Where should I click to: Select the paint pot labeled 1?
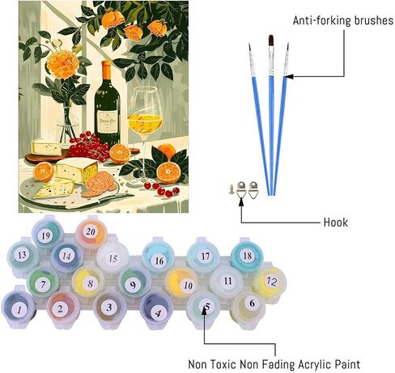(19, 308)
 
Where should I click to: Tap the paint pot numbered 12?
(270, 282)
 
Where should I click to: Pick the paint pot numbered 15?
(113, 258)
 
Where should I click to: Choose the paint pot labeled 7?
(43, 283)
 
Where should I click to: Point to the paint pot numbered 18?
(247, 256)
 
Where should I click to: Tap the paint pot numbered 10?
(181, 284)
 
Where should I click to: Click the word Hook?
(336, 223)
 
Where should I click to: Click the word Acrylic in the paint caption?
(315, 364)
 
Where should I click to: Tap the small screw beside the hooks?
(231, 189)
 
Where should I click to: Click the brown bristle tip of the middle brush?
(271, 40)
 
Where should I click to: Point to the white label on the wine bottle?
(107, 121)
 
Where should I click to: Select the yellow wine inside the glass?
(145, 123)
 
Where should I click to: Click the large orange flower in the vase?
(62, 64)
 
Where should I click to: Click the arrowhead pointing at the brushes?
(288, 77)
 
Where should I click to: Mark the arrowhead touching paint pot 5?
(204, 310)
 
